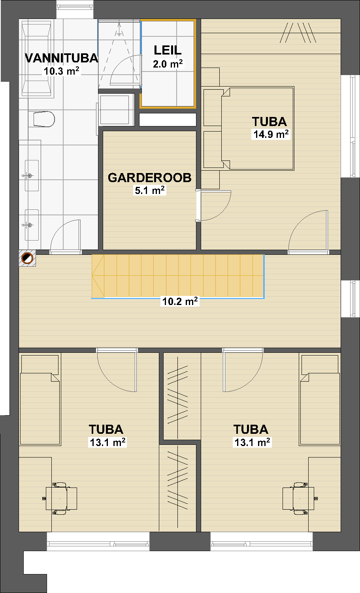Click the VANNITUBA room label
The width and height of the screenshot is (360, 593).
tap(61, 58)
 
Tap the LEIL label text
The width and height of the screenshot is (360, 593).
tap(168, 50)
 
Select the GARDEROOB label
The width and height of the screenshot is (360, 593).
tap(149, 178)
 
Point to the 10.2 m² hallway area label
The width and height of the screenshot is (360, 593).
tap(180, 301)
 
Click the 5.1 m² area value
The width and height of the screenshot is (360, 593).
tap(150, 190)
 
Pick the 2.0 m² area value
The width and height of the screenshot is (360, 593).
tap(168, 64)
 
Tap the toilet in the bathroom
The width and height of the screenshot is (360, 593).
tap(42, 119)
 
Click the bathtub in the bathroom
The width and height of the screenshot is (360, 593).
tap(36, 58)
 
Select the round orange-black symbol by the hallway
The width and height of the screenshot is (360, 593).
tap(27, 258)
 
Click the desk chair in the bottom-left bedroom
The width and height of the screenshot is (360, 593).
tap(61, 499)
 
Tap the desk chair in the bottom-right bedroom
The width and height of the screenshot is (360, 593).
tap(299, 499)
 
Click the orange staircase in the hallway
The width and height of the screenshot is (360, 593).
tap(177, 276)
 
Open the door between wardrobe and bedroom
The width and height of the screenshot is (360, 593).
tap(213, 205)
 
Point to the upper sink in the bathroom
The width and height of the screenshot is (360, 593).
tap(32, 175)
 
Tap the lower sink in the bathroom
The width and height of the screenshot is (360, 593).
tap(32, 225)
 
